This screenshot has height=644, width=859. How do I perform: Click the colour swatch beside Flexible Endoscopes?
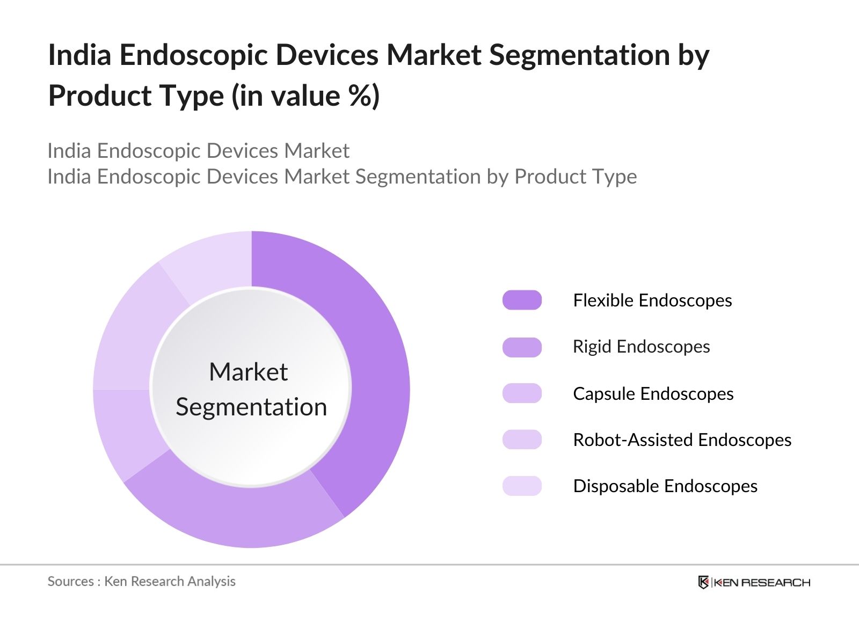522,300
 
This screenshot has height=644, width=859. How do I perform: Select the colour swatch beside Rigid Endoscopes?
522,347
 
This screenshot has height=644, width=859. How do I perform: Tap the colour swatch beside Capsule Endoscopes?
522,393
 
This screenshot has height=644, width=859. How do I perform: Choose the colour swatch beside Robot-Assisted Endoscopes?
522,440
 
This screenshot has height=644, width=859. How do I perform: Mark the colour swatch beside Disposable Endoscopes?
522,486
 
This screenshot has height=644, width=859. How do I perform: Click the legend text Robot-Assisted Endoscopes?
682,440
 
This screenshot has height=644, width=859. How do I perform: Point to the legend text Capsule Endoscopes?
653,393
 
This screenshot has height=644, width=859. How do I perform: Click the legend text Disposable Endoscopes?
665,486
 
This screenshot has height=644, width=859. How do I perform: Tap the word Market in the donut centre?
248,372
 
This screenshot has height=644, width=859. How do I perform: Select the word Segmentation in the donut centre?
251,407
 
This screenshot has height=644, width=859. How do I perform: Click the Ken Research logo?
754,582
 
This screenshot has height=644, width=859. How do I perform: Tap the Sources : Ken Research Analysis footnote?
141,581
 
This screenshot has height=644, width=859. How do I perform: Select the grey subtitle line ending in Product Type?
342,177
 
